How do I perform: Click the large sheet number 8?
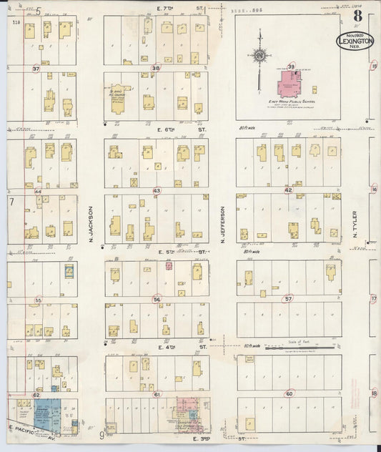(356, 15)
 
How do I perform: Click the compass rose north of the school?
(260, 55)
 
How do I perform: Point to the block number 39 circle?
(291, 67)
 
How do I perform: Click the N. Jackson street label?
(91, 223)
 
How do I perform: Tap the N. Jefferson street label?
(223, 225)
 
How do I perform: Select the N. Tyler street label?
(354, 225)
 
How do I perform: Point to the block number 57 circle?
(289, 299)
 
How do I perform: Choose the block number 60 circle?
(289, 393)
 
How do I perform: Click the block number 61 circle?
(157, 393)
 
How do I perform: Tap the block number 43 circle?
(157, 190)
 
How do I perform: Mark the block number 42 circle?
(288, 190)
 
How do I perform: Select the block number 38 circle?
(156, 69)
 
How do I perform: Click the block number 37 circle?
(36, 69)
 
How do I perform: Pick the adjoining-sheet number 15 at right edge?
(374, 67)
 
